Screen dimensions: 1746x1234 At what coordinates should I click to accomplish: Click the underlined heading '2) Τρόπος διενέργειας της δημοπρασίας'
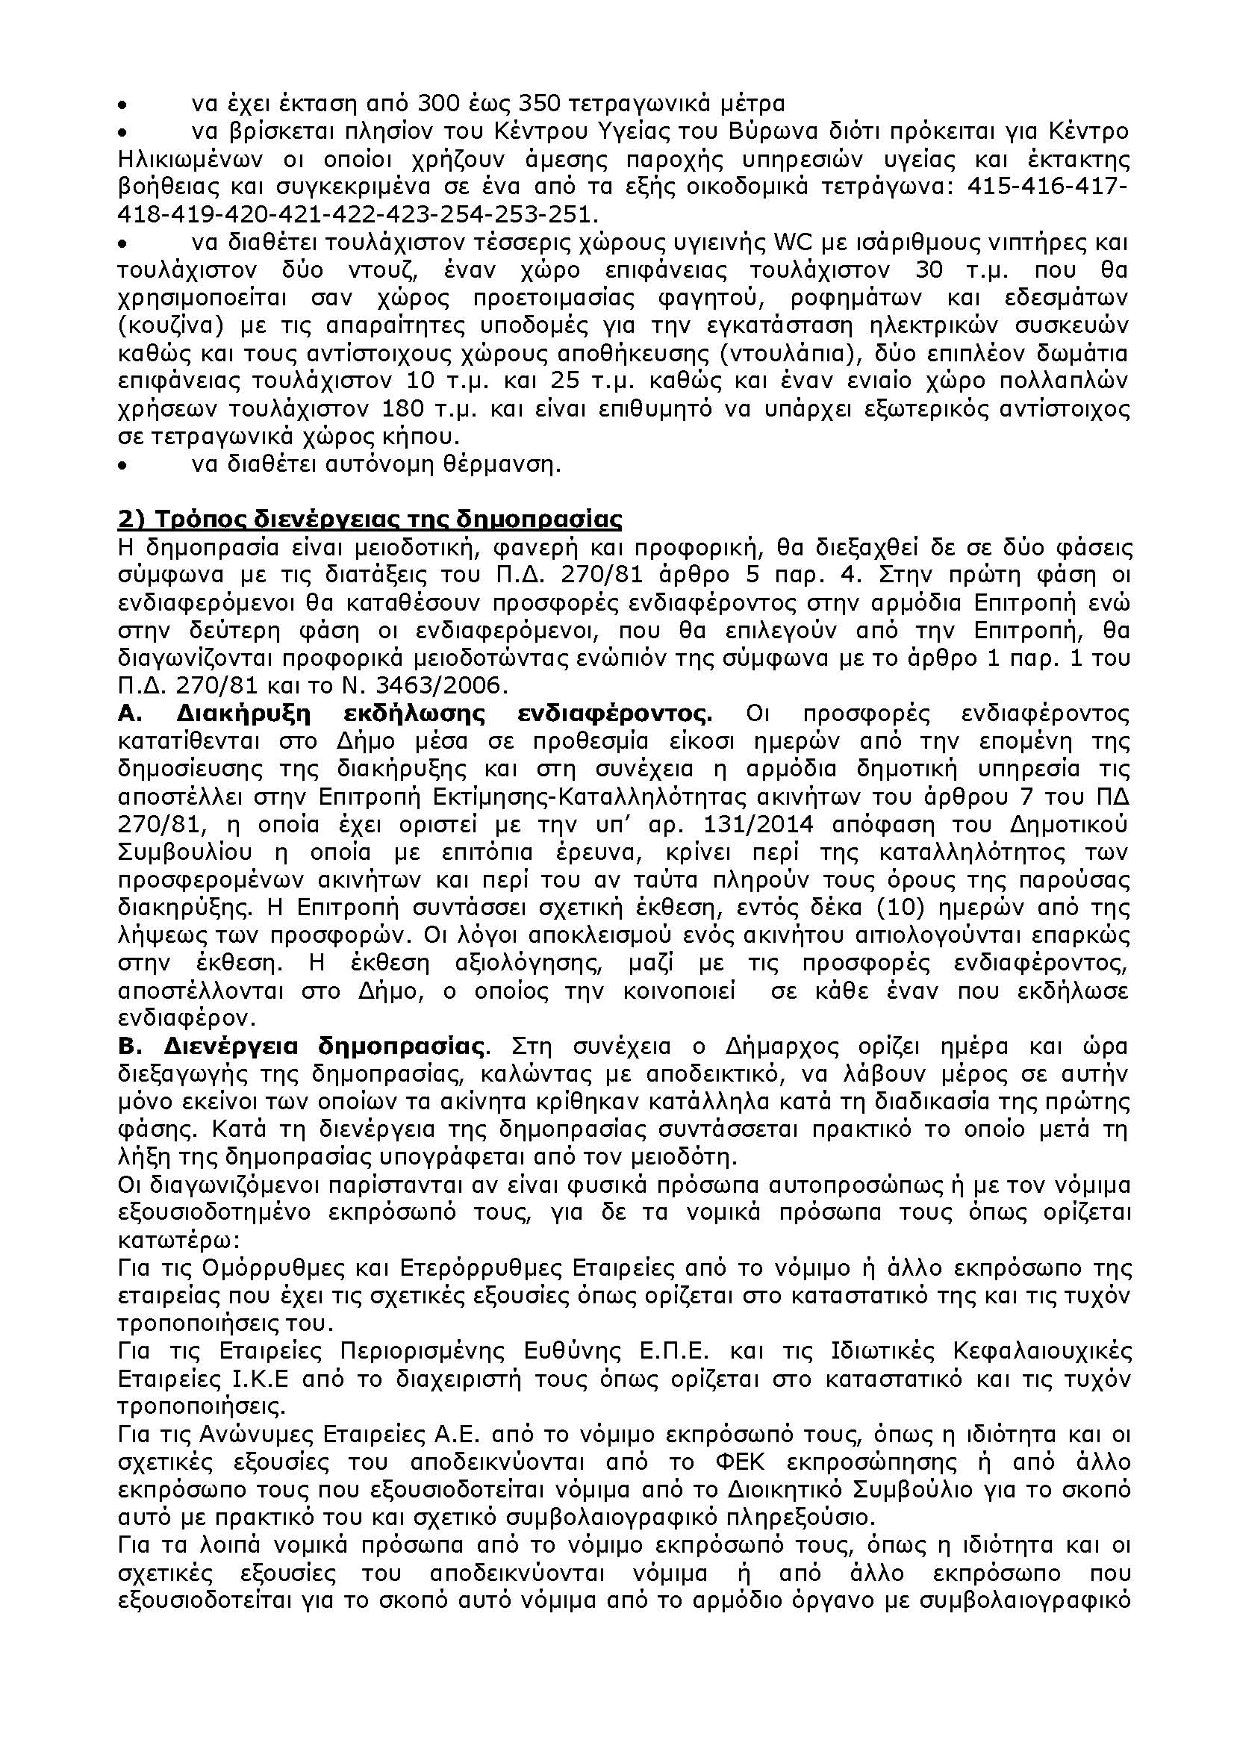[370, 521]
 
